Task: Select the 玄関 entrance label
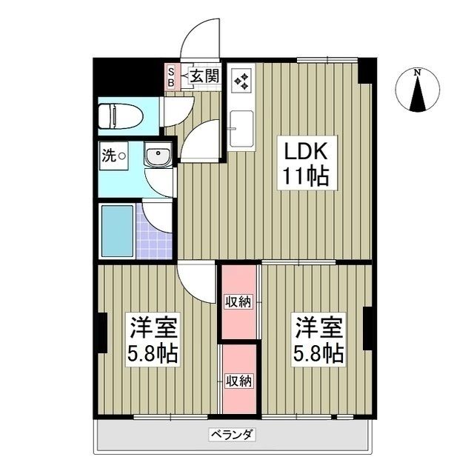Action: (204, 76)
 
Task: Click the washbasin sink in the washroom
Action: (158, 156)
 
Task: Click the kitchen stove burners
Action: (241, 79)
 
